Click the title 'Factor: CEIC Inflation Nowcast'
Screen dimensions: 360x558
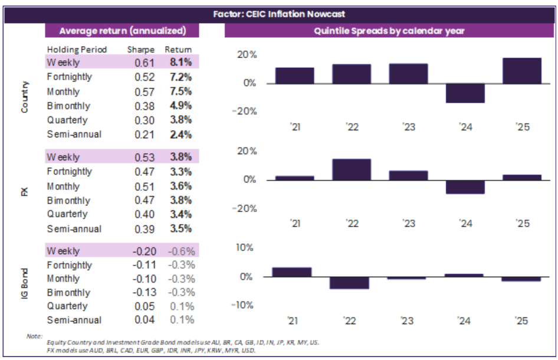tap(278, 13)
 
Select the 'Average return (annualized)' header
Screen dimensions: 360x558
tap(123, 31)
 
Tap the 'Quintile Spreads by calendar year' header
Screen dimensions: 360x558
tap(390, 31)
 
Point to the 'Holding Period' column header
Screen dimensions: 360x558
tap(78, 50)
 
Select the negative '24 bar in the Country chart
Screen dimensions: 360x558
tap(465, 93)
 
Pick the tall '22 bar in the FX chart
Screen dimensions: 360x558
tap(352, 169)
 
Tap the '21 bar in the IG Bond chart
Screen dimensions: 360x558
tap(291, 272)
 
